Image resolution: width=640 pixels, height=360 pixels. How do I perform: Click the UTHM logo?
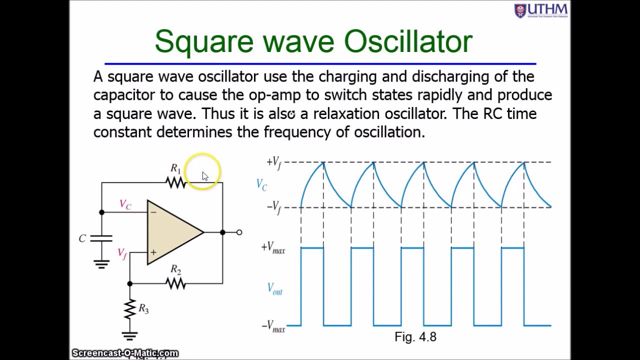point(541,10)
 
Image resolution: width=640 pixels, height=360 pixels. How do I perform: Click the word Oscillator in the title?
point(408,41)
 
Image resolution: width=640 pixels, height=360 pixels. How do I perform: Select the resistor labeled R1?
point(176,183)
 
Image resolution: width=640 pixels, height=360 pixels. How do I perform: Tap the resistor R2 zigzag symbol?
point(176,283)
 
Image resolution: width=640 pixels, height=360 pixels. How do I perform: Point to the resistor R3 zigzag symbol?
point(130,309)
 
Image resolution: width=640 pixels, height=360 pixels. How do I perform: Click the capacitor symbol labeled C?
point(101,238)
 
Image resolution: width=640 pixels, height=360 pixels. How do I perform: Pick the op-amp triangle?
point(173,232)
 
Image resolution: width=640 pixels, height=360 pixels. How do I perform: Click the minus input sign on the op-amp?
point(153,212)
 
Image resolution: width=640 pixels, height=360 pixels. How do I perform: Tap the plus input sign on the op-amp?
point(153,253)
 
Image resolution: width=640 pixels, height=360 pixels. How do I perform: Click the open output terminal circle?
point(239,232)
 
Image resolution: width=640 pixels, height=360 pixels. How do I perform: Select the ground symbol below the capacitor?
point(101,264)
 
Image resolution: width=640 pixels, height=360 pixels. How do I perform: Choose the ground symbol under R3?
point(130,336)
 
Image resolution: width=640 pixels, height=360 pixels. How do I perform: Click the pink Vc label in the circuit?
point(125,204)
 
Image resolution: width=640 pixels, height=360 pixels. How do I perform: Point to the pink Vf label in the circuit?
point(122,253)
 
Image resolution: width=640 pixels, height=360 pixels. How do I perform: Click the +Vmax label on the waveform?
point(273,248)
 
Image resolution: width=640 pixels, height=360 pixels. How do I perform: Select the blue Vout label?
point(274,289)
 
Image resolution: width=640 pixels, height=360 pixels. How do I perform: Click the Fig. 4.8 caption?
point(415,337)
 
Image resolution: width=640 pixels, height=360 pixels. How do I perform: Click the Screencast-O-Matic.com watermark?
point(125,353)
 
